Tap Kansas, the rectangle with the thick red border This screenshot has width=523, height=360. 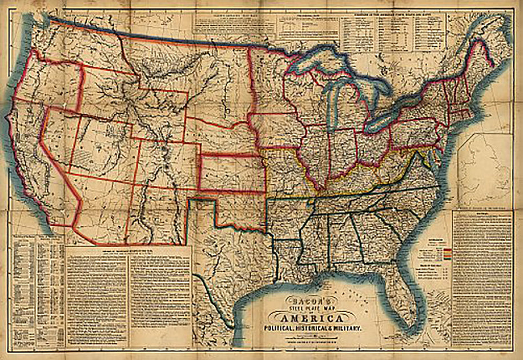coord(231,172)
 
